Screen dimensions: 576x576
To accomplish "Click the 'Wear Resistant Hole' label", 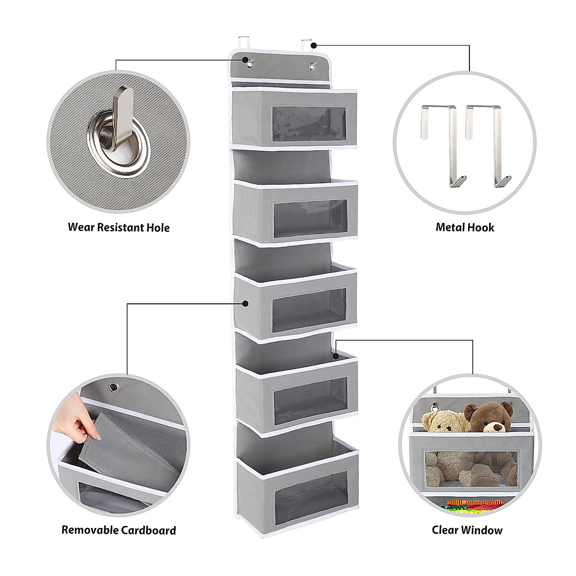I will click(x=119, y=227).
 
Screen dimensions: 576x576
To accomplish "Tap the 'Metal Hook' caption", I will click(x=465, y=227).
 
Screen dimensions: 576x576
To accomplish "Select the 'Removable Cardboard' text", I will click(x=119, y=530).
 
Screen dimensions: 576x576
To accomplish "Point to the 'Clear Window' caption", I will click(x=467, y=530).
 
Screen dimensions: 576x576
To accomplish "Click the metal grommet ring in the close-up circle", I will click(x=118, y=140).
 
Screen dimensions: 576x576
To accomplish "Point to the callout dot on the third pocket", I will click(x=245, y=303).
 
